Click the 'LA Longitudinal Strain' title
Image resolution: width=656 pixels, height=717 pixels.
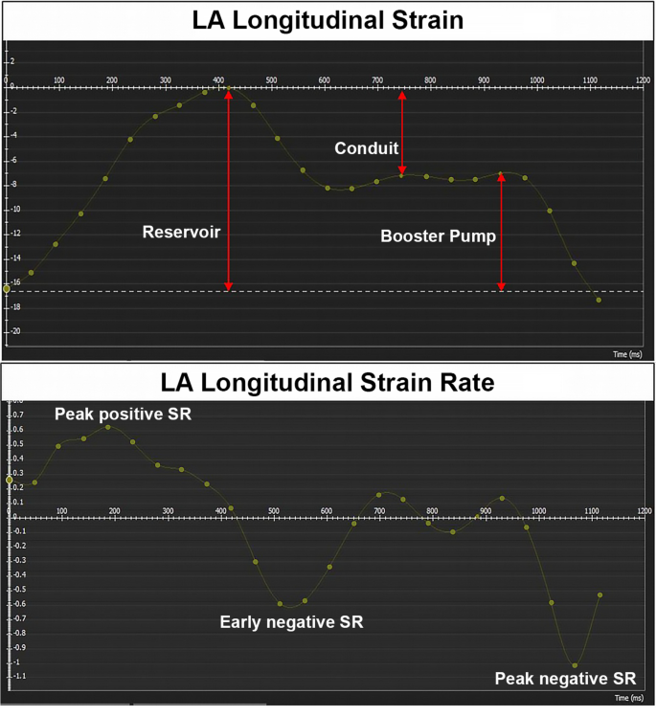point(328,20)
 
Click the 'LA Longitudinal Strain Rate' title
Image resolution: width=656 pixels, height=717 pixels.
point(328,382)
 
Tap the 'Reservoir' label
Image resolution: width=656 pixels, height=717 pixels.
point(181,232)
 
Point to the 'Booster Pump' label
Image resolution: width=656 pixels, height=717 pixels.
point(439,235)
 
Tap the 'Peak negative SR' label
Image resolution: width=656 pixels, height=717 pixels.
point(565,679)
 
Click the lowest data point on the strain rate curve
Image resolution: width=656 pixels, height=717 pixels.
point(575,665)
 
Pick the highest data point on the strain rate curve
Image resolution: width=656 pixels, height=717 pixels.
point(108,427)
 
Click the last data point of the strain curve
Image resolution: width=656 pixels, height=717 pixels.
point(599,300)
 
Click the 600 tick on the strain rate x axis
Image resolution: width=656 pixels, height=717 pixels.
point(327,511)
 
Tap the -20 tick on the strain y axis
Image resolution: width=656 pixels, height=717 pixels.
point(14,331)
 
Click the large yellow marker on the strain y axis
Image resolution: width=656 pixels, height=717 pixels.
point(7,288)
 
